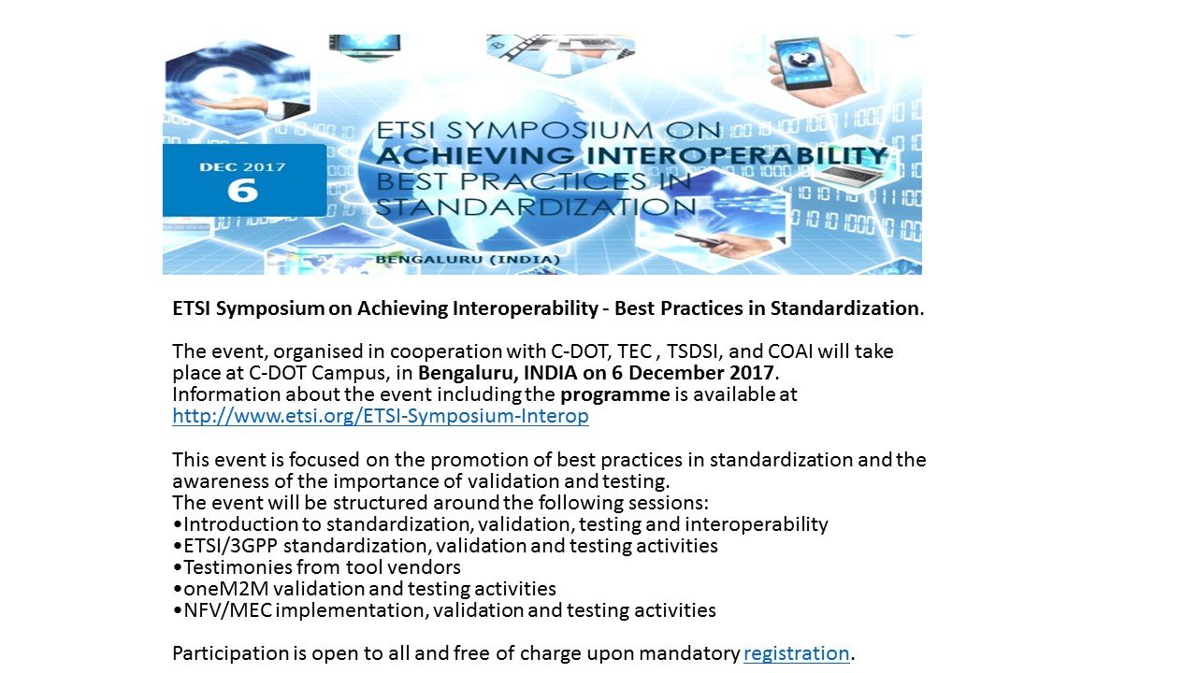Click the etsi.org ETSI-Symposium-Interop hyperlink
381,416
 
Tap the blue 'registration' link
796,653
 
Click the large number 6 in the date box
243,191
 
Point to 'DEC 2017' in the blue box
242,167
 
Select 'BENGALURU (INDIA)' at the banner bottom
468,260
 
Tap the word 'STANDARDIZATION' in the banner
536,207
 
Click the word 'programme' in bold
614,395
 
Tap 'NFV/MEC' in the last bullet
228,610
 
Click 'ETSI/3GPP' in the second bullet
230,546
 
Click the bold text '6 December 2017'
693,373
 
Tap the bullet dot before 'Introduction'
178,525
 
